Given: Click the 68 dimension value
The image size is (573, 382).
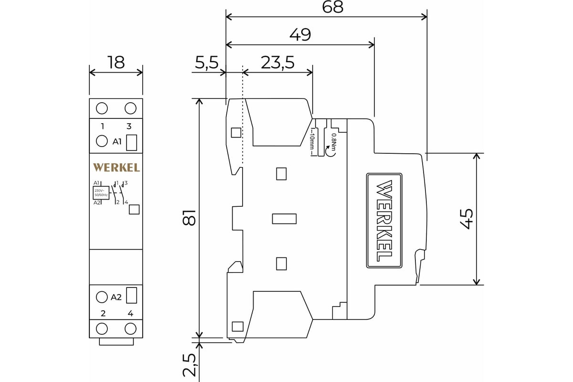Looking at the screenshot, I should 333,7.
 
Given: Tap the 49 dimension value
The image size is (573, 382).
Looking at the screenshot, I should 300,35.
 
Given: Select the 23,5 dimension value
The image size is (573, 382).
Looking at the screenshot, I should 277,63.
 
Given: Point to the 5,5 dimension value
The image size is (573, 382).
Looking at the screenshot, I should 207,63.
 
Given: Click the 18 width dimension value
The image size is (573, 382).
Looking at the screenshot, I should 116,63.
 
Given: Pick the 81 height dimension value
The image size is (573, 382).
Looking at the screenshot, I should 190,217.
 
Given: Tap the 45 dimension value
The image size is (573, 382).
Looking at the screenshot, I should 466,219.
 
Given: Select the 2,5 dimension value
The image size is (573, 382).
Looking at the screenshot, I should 190,365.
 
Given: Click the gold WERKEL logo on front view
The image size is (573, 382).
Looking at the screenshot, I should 117,168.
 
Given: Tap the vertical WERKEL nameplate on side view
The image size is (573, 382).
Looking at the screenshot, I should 384,221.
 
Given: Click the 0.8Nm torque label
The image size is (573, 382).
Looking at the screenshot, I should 334,141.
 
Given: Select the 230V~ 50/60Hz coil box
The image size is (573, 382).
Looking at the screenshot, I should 101,192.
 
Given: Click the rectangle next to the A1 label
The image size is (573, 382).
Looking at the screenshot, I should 132,142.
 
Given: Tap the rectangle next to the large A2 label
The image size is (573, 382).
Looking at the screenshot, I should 132,296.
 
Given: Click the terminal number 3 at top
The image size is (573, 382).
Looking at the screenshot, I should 129,127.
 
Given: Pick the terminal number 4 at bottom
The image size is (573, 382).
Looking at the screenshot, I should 130,314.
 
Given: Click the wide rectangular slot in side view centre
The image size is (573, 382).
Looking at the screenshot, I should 284,219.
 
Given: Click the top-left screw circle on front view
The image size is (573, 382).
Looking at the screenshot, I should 102,108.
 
